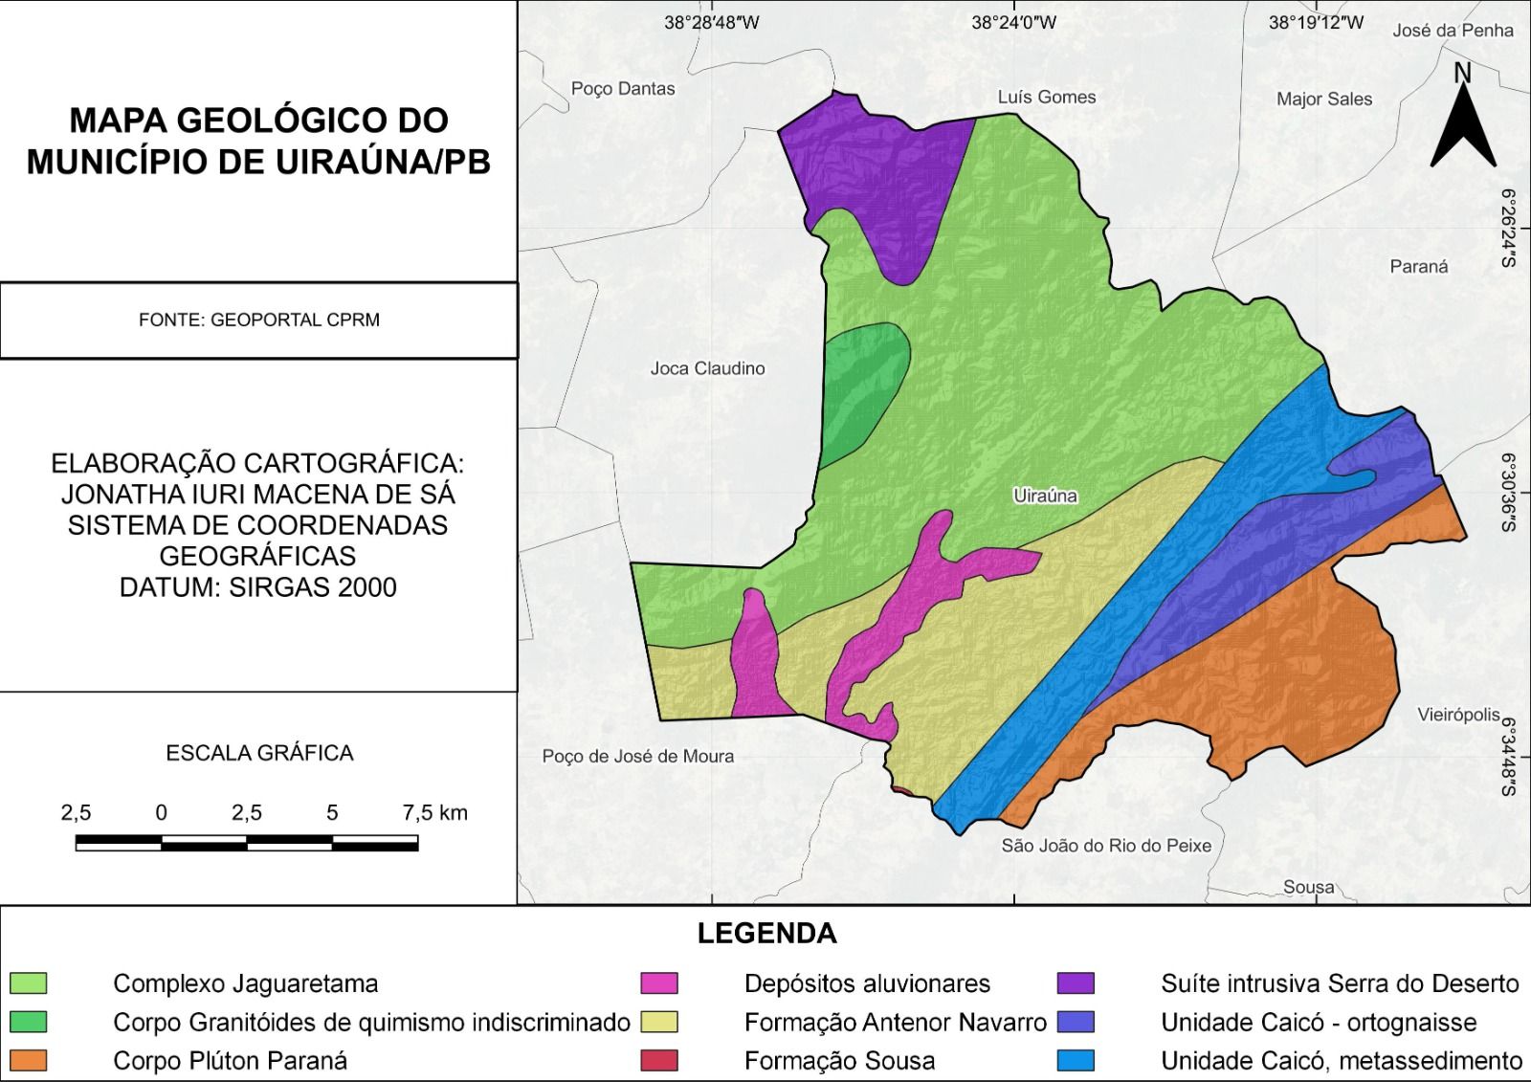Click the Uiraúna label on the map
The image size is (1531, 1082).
click(1044, 496)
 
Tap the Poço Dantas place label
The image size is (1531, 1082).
click(623, 89)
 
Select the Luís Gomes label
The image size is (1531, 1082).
click(1046, 97)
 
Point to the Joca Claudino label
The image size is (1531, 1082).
click(707, 368)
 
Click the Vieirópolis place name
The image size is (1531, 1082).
click(1458, 715)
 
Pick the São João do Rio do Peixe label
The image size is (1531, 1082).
click(1106, 846)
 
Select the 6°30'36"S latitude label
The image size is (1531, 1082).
click(1508, 493)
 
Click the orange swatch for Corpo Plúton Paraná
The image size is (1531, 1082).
click(29, 1060)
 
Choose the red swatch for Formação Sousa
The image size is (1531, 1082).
click(659, 1060)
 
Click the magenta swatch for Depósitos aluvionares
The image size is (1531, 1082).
click(659, 983)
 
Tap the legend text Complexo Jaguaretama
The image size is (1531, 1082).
click(245, 983)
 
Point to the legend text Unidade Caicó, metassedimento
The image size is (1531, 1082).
click(1341, 1060)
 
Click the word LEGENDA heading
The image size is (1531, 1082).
click(766, 934)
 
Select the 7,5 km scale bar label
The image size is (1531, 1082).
click(434, 813)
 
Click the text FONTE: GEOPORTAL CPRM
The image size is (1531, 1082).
click(258, 320)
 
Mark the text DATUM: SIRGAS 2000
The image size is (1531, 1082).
click(258, 587)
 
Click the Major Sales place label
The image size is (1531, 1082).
click(1323, 99)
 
